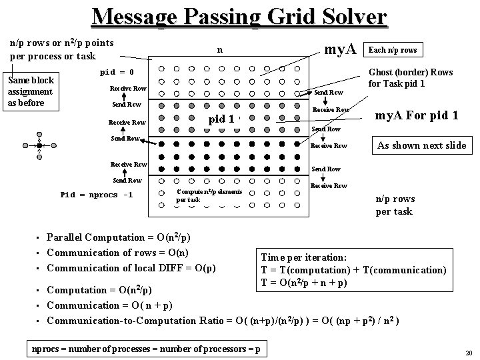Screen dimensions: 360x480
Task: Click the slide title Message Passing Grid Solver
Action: (x=239, y=16)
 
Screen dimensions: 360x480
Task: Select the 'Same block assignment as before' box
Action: (x=31, y=91)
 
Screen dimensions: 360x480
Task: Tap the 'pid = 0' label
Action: (x=117, y=71)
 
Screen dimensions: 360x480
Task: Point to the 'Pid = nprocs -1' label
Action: (x=97, y=195)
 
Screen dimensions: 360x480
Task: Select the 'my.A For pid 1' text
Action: (x=416, y=115)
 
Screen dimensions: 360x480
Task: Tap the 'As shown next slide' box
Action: (x=421, y=145)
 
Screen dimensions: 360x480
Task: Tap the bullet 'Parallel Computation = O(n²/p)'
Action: (x=119, y=237)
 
